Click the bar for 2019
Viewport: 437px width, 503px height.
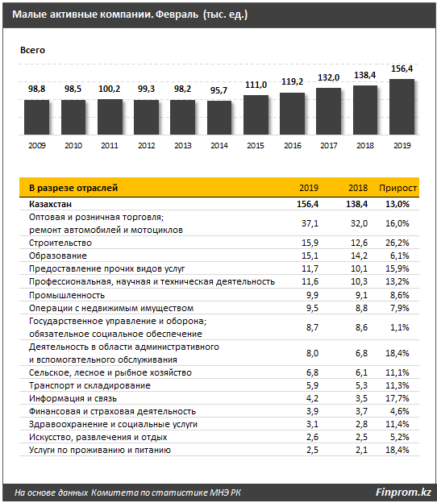(x=402, y=107)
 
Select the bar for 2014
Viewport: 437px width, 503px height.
(x=219, y=118)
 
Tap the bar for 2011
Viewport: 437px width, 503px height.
(x=110, y=117)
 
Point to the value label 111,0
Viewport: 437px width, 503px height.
(x=256, y=85)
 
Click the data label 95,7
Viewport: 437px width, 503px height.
(x=218, y=90)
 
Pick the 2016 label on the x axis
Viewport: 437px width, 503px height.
(x=293, y=146)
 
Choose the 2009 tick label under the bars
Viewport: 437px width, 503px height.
(x=37, y=146)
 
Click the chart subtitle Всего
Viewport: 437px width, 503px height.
(x=32, y=50)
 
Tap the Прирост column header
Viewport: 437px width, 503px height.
(x=397, y=188)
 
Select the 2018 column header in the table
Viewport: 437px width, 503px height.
(x=358, y=188)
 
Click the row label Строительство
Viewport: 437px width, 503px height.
(x=60, y=243)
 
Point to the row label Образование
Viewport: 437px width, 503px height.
(x=58, y=256)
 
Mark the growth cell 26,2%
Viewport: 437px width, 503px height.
(x=397, y=243)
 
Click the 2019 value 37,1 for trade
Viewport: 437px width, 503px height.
(x=310, y=223)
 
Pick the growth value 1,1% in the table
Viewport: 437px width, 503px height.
(x=399, y=327)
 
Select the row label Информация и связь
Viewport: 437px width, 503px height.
(x=73, y=398)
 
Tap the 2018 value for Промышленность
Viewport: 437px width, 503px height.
(x=361, y=295)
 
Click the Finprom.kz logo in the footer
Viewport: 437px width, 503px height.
(x=403, y=492)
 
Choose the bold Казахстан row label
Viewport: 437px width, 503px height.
(x=50, y=204)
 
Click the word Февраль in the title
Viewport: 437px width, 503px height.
(x=177, y=15)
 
